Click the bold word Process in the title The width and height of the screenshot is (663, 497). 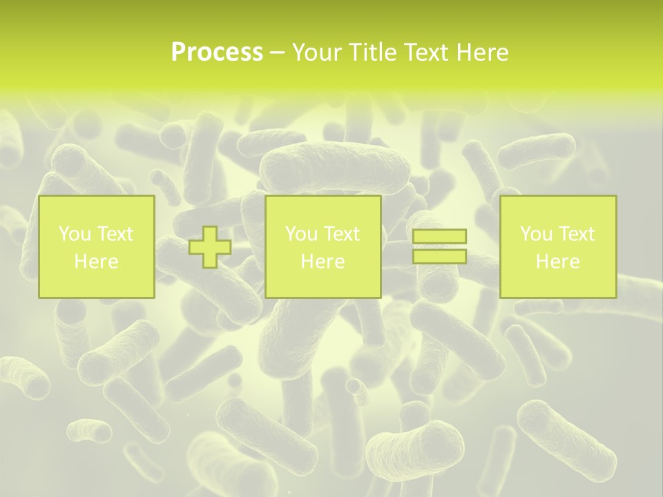pos(217,52)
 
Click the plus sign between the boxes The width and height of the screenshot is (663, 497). pos(210,247)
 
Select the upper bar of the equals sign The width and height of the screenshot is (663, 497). pos(439,237)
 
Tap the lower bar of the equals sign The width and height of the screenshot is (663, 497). pos(439,257)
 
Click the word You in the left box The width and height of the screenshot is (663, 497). pos(74,234)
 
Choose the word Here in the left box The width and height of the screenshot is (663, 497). pos(96,262)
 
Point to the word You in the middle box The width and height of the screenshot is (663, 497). pos(300,234)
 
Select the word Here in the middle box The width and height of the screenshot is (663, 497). pos(323,262)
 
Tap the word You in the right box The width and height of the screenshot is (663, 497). pos(535,234)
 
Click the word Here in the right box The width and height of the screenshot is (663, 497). pos(557,262)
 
